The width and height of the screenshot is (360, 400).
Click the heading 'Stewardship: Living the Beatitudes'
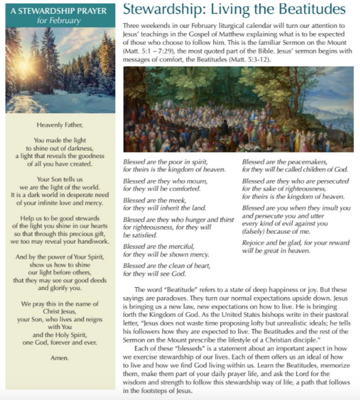234,9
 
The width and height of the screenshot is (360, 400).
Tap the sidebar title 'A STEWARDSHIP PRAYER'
60,10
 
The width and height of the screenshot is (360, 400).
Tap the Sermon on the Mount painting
238,109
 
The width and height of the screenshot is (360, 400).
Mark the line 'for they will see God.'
154,273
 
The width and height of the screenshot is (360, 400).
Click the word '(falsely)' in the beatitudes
255,231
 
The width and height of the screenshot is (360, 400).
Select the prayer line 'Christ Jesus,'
60,311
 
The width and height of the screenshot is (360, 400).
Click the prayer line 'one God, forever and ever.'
60,342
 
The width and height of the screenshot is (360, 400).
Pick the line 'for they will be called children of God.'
295,169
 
